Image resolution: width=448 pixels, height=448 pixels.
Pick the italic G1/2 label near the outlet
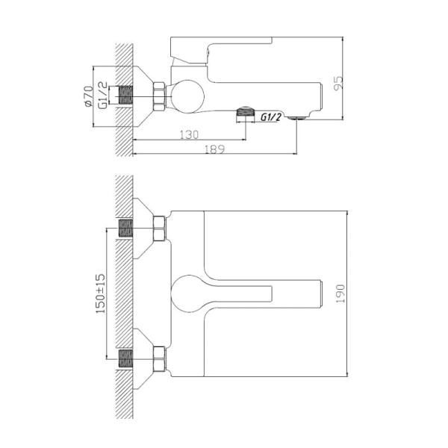point(270,116)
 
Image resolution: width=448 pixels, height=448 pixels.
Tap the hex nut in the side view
point(159,97)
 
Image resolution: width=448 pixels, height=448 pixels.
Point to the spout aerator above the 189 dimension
point(296,116)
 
